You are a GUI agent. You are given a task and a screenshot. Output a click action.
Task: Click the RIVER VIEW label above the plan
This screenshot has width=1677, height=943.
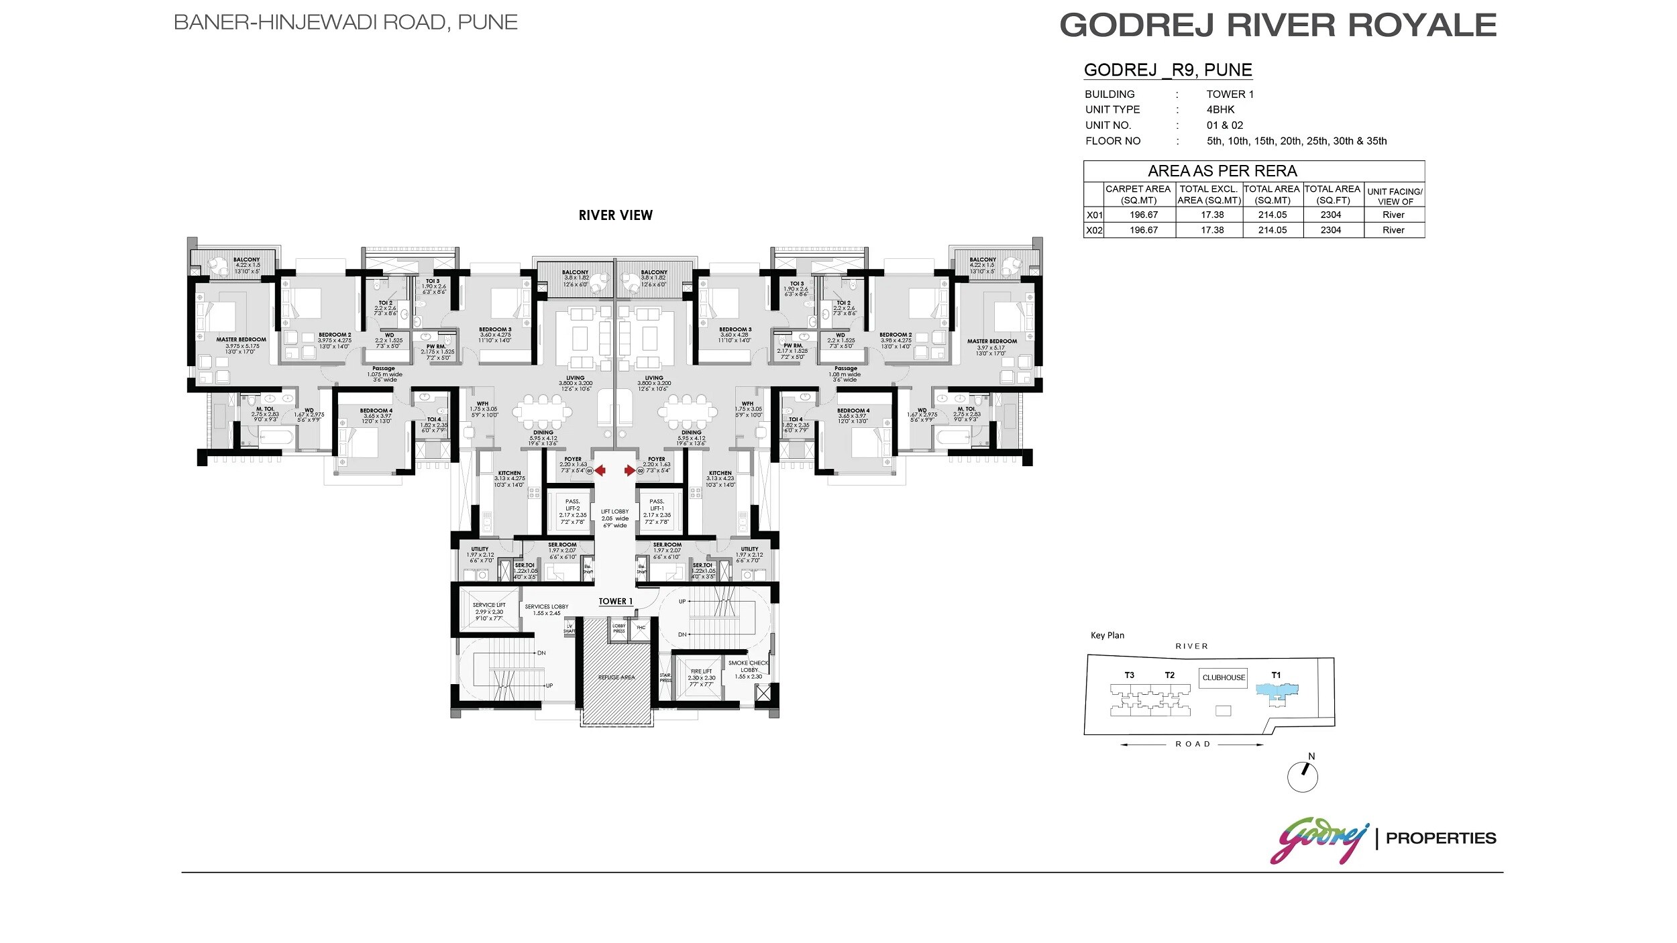(x=615, y=215)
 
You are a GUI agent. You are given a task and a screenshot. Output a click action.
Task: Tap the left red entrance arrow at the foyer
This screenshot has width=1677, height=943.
(x=600, y=471)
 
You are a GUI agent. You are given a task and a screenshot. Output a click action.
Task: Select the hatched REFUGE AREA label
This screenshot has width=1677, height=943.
(x=616, y=677)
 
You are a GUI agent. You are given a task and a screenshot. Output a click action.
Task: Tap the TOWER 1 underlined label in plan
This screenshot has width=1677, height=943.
(x=615, y=602)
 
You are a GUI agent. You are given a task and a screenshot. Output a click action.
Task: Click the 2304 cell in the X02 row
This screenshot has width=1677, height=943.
(x=1330, y=230)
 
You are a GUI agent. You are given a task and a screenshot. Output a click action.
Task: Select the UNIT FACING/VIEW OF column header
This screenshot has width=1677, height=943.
(x=1394, y=196)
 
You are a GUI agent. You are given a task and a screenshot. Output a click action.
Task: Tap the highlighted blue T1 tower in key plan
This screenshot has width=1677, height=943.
(x=1277, y=690)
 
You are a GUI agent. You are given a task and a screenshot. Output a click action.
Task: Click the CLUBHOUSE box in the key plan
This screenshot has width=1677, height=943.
(x=1223, y=677)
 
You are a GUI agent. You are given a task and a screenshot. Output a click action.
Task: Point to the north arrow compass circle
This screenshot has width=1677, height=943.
(x=1302, y=777)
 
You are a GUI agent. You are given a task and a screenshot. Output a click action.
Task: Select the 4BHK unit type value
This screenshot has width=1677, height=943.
(x=1220, y=109)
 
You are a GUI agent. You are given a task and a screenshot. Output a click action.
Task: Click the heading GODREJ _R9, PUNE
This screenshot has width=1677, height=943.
(x=1167, y=70)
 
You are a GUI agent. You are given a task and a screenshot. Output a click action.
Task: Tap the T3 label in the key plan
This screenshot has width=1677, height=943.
(x=1129, y=675)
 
